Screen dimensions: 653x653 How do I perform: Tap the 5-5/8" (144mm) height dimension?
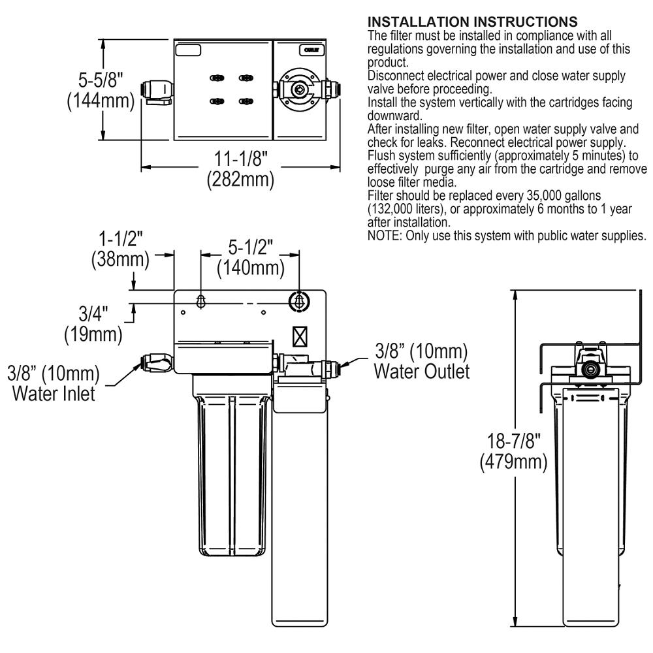[103, 91]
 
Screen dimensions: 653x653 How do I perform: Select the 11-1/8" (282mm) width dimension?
[240, 168]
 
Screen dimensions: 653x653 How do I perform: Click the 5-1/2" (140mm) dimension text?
[251, 257]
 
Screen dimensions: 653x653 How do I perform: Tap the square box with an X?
[300, 336]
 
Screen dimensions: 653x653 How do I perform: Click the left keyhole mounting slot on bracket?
[202, 302]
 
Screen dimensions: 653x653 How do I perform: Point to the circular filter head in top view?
[298, 90]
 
